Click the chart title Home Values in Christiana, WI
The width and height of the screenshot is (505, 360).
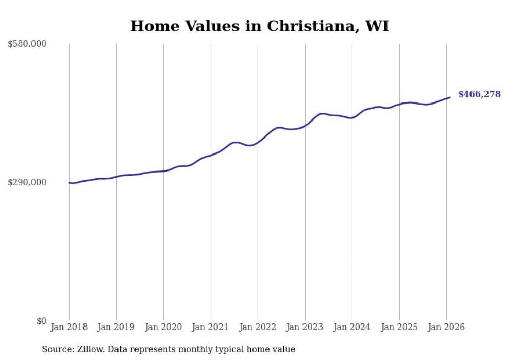[259, 26]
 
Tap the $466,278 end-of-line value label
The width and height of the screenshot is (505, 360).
[479, 94]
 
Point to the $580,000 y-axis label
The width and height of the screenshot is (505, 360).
[27, 44]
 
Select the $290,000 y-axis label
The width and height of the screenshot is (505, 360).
[27, 182]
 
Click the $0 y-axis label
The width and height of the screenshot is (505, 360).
[41, 321]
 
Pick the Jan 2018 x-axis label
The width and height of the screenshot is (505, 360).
[69, 328]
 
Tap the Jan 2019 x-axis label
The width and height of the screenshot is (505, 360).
[116, 328]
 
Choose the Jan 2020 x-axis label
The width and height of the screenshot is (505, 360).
[163, 328]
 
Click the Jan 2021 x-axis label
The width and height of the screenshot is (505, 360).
[211, 328]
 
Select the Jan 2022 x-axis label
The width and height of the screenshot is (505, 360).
[258, 328]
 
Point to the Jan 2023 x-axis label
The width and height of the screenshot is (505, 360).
[305, 328]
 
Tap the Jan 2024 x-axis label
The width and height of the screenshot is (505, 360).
[352, 328]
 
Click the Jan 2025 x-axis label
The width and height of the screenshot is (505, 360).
[399, 328]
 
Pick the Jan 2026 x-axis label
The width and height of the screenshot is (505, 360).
[446, 328]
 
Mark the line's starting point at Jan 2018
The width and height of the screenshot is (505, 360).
[69, 183]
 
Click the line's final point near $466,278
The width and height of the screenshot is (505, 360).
[450, 97]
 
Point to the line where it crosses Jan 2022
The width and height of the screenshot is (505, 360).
[258, 142]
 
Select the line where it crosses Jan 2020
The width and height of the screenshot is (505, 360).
[163, 171]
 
